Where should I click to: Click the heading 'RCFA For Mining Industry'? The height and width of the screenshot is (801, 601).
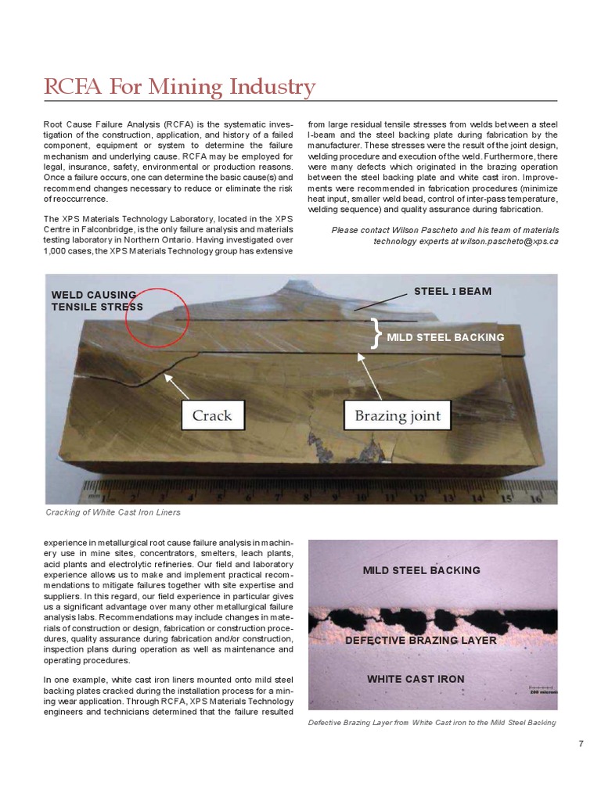(179, 87)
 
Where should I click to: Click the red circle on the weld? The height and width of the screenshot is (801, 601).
(156, 318)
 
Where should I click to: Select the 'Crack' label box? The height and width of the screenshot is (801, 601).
(212, 415)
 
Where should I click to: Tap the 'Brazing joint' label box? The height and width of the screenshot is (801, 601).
(398, 415)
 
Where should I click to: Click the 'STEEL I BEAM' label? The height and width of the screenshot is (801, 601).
(452, 292)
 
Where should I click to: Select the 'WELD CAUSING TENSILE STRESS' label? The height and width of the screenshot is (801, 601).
(96, 300)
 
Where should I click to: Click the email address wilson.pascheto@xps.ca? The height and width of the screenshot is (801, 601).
(508, 242)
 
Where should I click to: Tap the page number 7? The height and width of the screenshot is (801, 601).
(581, 743)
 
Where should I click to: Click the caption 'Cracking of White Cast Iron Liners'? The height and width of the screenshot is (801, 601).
(112, 512)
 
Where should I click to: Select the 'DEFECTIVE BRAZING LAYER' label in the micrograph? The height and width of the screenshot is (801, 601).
(421, 641)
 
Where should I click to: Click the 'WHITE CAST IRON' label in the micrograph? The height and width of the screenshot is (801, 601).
(416, 678)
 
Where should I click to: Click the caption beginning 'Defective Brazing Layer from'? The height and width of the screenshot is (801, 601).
(432, 722)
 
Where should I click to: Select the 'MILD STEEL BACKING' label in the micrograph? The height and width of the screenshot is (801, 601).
(421, 570)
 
